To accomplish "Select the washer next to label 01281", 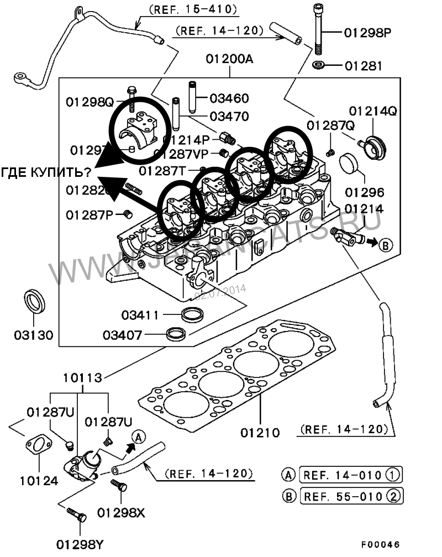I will pos(319,66).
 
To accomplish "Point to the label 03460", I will pos(229,98).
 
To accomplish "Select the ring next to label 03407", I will pos(177,334).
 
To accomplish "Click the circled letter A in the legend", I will pos(288,475).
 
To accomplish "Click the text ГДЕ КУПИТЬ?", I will pos(46,172).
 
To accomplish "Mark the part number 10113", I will pos(82,378).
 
